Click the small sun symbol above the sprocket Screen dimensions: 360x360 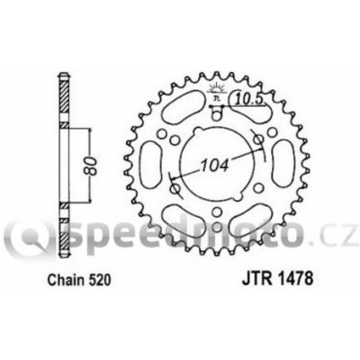tap(216, 87)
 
